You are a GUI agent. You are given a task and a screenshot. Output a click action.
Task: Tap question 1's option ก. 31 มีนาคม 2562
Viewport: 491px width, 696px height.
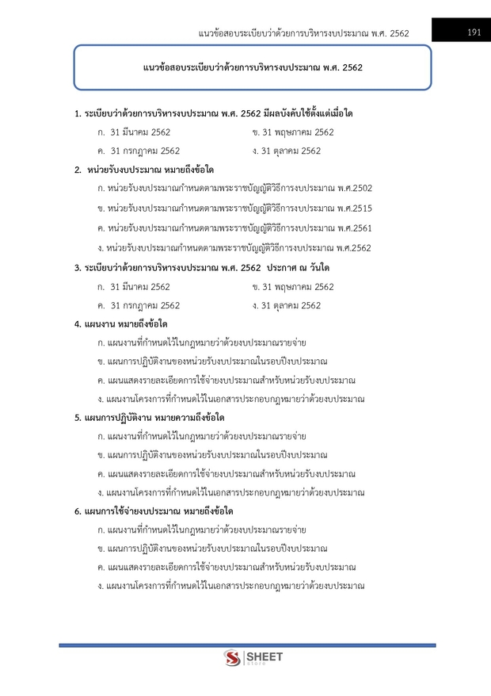pyautogui.click(x=133, y=132)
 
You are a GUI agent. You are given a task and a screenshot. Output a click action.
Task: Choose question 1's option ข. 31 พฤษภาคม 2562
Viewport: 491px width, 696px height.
pyautogui.click(x=292, y=132)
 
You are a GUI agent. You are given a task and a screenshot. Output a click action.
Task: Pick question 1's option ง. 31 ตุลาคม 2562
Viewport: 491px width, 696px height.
pyautogui.click(x=286, y=151)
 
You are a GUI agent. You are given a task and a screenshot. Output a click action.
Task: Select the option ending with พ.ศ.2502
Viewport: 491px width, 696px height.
pyautogui.click(x=234, y=189)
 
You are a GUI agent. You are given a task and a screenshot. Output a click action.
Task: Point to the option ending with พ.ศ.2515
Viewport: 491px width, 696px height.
pyautogui.click(x=234, y=208)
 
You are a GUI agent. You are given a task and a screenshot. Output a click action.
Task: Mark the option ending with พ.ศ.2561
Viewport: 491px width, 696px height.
pyautogui.click(x=234, y=228)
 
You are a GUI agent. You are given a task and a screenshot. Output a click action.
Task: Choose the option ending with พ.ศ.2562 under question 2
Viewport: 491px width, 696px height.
pyautogui.click(x=234, y=248)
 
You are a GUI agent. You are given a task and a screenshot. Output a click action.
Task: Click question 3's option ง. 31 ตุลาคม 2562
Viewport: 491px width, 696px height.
pyautogui.click(x=286, y=305)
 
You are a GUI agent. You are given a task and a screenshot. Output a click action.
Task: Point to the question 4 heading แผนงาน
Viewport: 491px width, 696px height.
pyautogui.click(x=120, y=324)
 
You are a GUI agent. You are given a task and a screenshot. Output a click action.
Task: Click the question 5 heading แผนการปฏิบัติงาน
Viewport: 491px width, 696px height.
pyautogui.click(x=149, y=418)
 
